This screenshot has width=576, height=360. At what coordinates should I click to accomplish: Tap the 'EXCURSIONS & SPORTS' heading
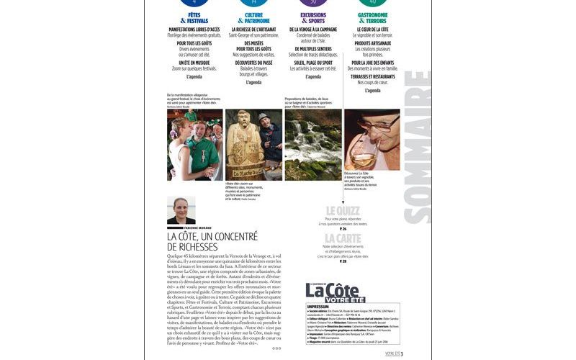point(312,17)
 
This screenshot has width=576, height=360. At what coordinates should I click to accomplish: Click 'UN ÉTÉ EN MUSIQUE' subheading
point(193,63)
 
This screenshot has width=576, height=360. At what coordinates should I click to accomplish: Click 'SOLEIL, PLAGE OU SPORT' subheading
point(312,63)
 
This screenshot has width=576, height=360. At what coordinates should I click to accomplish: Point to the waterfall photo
point(312,144)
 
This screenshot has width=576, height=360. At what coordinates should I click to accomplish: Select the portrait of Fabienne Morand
point(181,210)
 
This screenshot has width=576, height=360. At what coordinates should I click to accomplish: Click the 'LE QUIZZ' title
point(342,210)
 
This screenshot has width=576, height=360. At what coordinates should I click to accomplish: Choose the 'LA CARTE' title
point(342,238)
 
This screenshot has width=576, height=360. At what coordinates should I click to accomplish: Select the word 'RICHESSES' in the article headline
point(194,247)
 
